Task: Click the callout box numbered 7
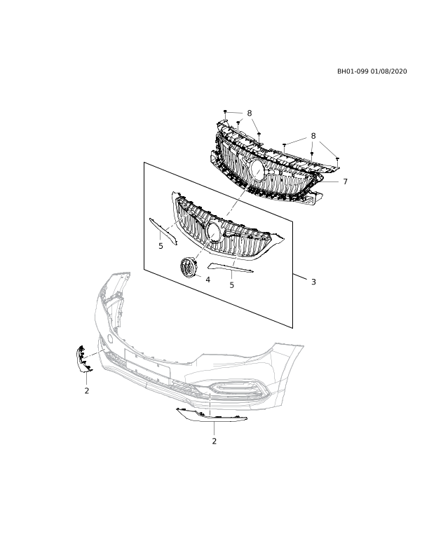click(x=344, y=181)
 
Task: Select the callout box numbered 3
click(x=313, y=282)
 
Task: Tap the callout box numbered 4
click(x=207, y=280)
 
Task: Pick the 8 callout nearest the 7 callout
click(x=313, y=136)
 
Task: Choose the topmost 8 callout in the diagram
click(x=249, y=113)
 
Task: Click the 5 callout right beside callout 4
click(x=231, y=285)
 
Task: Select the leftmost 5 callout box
click(x=161, y=246)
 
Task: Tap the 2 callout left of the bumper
click(x=86, y=391)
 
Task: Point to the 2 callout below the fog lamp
click(x=214, y=441)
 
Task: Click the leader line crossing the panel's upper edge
click(x=243, y=193)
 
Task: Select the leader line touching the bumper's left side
click(x=94, y=354)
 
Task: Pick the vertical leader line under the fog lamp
click(x=210, y=404)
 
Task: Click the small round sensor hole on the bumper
click(x=110, y=338)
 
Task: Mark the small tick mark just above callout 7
click(x=337, y=165)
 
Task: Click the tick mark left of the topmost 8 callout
click(x=225, y=116)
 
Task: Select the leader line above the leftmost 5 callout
click(x=177, y=221)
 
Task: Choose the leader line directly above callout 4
click(x=205, y=246)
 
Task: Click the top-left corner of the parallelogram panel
click(x=144, y=163)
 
